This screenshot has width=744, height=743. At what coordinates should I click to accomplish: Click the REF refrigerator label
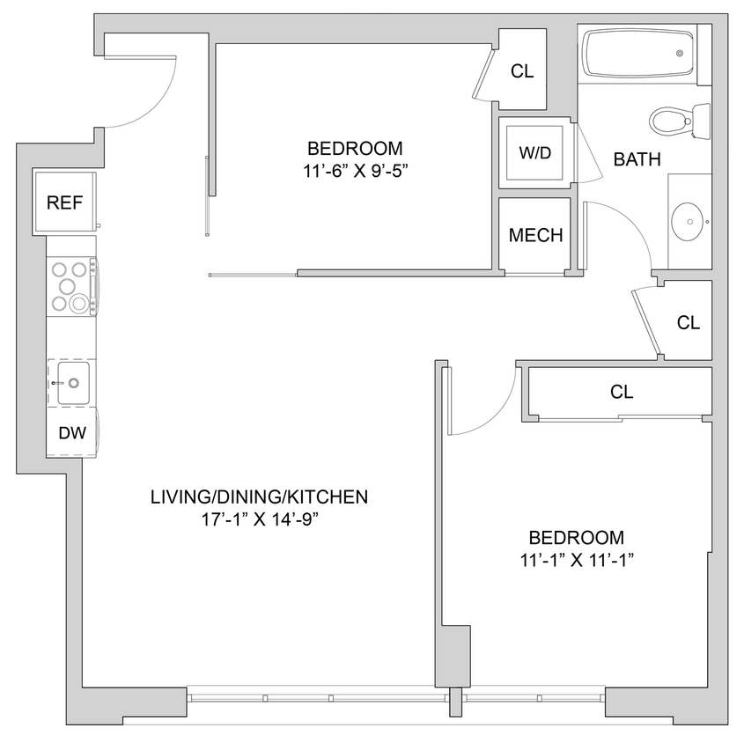[x=64, y=203]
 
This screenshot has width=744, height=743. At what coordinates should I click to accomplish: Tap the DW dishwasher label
[x=71, y=432]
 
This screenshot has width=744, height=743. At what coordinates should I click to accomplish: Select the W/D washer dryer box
[x=534, y=153]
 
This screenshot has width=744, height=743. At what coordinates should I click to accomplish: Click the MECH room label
[x=535, y=235]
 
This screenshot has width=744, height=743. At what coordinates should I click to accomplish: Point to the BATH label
[x=637, y=159]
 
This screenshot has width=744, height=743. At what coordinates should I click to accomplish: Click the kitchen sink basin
[x=73, y=383]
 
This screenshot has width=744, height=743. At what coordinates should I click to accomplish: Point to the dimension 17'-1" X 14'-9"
[x=258, y=519]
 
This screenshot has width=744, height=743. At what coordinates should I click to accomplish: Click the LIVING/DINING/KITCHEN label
[x=258, y=497]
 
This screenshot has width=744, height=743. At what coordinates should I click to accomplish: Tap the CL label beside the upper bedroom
[x=522, y=71]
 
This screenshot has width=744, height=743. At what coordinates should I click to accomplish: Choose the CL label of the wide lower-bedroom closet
[x=622, y=392]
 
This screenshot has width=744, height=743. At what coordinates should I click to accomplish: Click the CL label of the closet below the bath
[x=688, y=322]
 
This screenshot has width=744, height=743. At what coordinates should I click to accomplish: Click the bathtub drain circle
[x=681, y=54]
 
